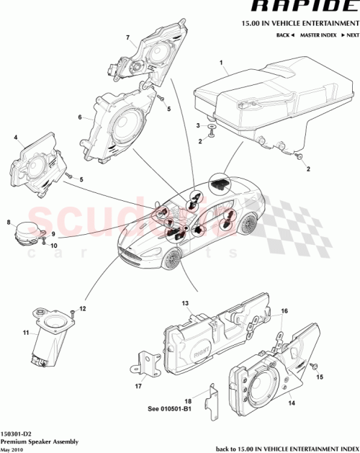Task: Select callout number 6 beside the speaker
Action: click(80, 116)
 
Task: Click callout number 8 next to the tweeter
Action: click(8, 223)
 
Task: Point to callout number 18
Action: click(189, 400)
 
